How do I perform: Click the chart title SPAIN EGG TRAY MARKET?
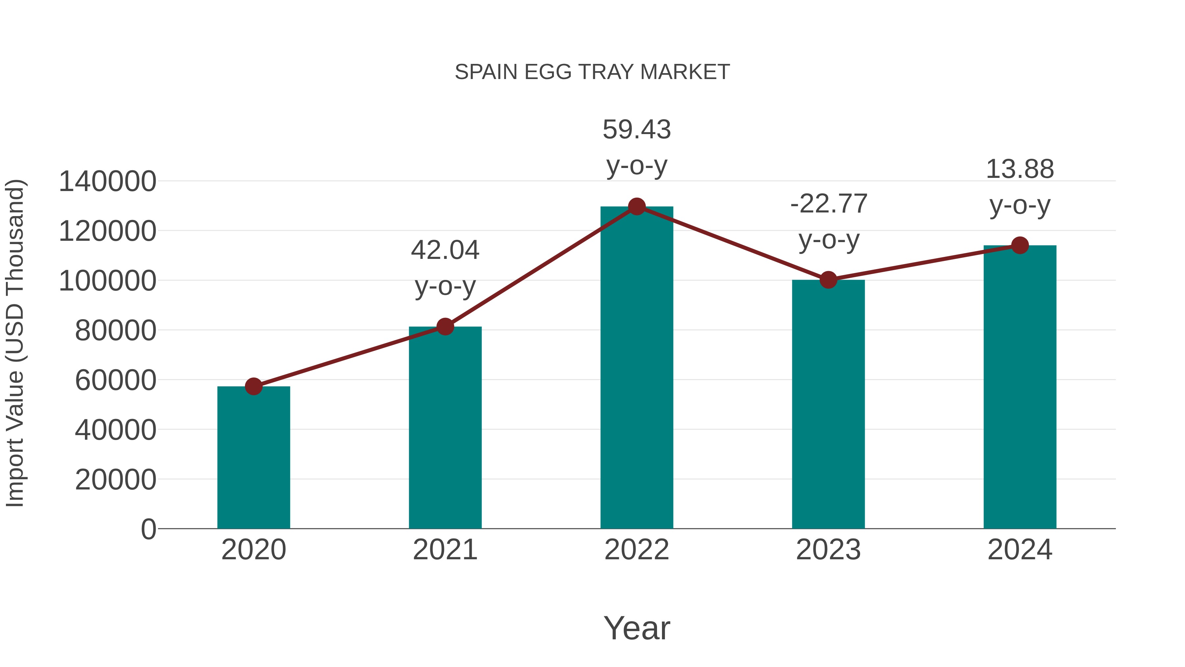pos(592,72)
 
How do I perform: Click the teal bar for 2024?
pos(1020,387)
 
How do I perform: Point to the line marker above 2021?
pos(445,327)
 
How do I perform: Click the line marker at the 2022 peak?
pos(637,207)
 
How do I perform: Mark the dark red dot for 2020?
pos(253,386)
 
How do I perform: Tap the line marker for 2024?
pos(1020,245)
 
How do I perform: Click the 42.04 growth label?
pos(445,250)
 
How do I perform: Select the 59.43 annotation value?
pos(637,129)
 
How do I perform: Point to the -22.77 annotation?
pos(829,204)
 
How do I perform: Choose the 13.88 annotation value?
pos(1020,169)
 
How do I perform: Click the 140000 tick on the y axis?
pos(107,181)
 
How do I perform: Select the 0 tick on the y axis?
pos(148,529)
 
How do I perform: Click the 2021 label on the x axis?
pos(445,550)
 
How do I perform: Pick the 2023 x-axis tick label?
pos(828,550)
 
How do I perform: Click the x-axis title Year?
pos(637,628)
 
